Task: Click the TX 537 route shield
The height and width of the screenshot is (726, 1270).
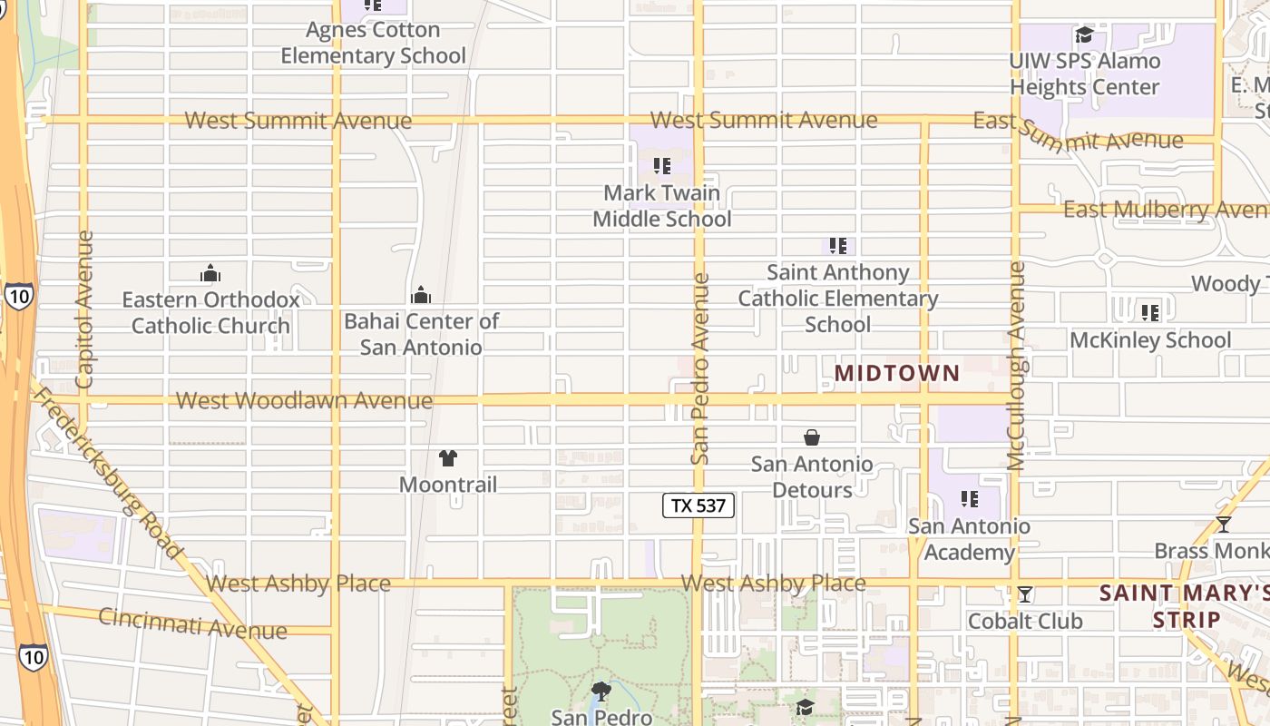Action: (698, 505)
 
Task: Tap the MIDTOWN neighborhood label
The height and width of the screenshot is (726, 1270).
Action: (896, 373)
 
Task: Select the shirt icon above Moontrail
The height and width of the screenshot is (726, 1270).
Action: (448, 458)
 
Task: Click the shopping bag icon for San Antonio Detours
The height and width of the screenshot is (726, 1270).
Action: (812, 437)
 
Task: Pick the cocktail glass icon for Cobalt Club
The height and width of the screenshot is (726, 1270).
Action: (1025, 594)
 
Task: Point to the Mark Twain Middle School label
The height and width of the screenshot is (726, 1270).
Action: (662, 206)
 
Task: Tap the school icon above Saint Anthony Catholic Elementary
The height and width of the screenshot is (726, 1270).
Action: (838, 245)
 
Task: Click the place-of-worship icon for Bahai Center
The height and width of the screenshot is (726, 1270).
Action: (421, 295)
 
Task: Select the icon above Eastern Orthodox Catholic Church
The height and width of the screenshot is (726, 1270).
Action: (210, 273)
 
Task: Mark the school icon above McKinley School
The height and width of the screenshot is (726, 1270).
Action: (1150, 313)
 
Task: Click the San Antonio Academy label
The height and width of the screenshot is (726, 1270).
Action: (969, 539)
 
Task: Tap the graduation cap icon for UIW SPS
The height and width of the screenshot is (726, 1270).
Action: (1084, 35)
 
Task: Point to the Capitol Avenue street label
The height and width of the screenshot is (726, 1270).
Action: (84, 309)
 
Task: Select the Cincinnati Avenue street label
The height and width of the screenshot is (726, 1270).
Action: (192, 623)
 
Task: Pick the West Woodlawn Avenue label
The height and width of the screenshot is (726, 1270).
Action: (304, 400)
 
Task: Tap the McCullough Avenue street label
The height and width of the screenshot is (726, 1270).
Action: (1017, 366)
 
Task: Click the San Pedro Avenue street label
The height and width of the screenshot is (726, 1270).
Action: (699, 368)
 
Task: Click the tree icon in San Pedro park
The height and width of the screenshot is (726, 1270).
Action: (601, 692)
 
